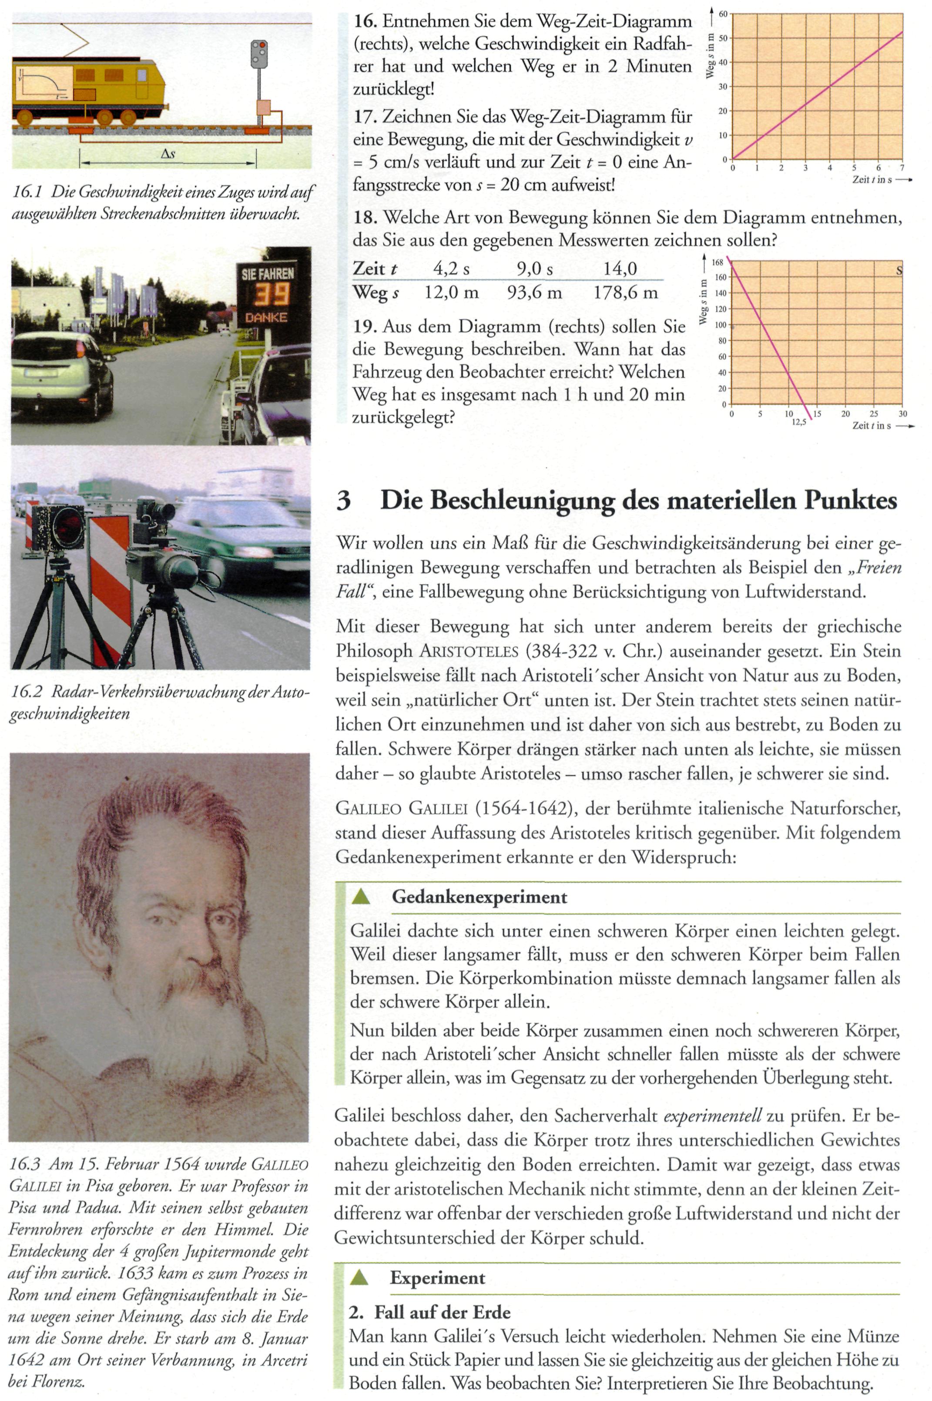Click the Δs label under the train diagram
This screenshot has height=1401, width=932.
(168, 154)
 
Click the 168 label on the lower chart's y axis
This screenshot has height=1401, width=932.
(717, 262)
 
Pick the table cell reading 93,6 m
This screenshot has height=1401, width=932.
(534, 292)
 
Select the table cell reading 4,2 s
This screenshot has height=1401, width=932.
(451, 269)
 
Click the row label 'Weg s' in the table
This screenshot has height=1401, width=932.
(375, 292)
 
